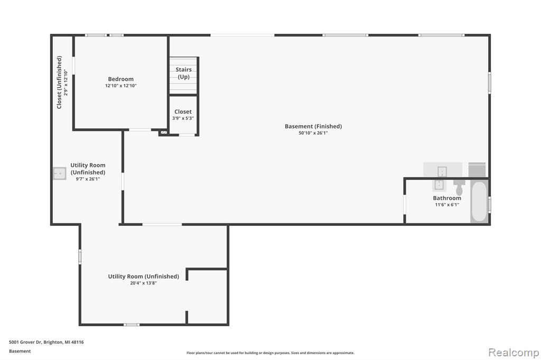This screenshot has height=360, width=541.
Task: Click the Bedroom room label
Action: (x=121, y=79)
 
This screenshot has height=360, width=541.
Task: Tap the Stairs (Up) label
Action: (x=183, y=73)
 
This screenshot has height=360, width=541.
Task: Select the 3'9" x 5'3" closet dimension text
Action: (x=183, y=118)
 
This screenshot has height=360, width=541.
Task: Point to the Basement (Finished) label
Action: (x=313, y=127)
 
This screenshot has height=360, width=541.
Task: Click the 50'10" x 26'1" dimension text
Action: (x=313, y=133)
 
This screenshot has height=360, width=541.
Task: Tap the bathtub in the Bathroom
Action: (x=479, y=202)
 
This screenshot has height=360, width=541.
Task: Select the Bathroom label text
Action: (x=447, y=198)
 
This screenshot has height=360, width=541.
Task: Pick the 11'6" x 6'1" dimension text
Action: (x=447, y=205)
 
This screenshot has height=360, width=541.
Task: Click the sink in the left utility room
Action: (x=60, y=174)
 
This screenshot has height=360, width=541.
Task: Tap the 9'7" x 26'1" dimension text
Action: (x=88, y=179)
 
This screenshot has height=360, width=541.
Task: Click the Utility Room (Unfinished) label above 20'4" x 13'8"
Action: (x=144, y=277)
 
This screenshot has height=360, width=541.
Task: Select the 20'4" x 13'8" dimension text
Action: (x=144, y=283)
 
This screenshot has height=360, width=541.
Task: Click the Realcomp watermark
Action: (x=514, y=353)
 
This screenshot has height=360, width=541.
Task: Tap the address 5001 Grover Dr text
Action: (x=25, y=342)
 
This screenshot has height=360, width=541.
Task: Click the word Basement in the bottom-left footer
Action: (x=20, y=351)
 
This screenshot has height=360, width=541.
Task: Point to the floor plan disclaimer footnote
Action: (x=270, y=353)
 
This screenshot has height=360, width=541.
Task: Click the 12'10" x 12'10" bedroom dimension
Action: (x=121, y=86)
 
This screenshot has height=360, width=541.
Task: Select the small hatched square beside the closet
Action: (x=164, y=132)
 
